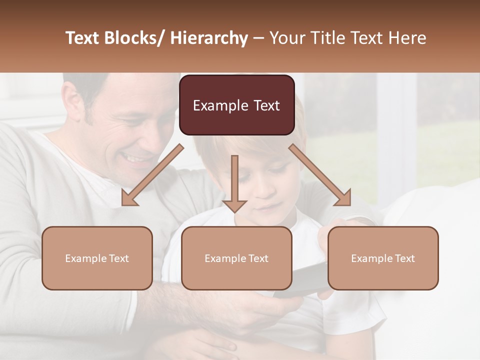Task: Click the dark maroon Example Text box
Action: [236, 105]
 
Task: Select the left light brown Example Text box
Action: [97, 258]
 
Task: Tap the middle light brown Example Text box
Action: [236, 258]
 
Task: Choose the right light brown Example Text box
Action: [383, 258]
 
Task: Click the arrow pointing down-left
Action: [152, 175]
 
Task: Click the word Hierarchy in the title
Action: [209, 38]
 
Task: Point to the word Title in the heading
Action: [329, 38]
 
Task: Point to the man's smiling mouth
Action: [138, 159]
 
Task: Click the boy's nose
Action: [267, 192]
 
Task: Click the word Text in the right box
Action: [405, 258]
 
